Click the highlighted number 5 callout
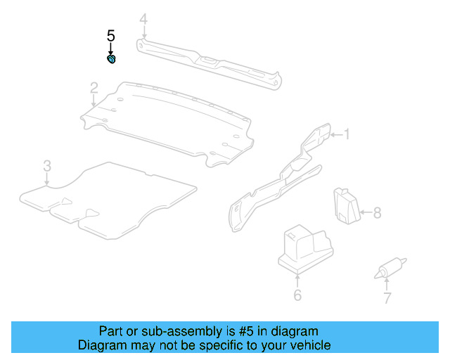[x=110, y=35]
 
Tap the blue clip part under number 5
[x=111, y=59]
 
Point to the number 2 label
[x=94, y=87]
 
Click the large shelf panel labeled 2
[x=169, y=123]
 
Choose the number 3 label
[x=46, y=166]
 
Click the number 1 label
[x=345, y=134]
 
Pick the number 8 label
[x=377, y=212]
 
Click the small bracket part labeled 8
[x=345, y=205]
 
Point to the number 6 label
[x=297, y=295]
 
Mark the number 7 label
[x=386, y=297]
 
